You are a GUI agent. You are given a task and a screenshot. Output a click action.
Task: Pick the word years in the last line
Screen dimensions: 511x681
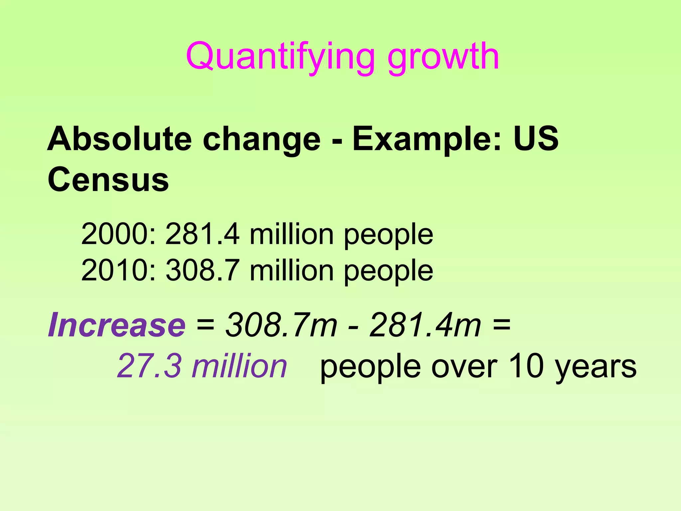point(596,369)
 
